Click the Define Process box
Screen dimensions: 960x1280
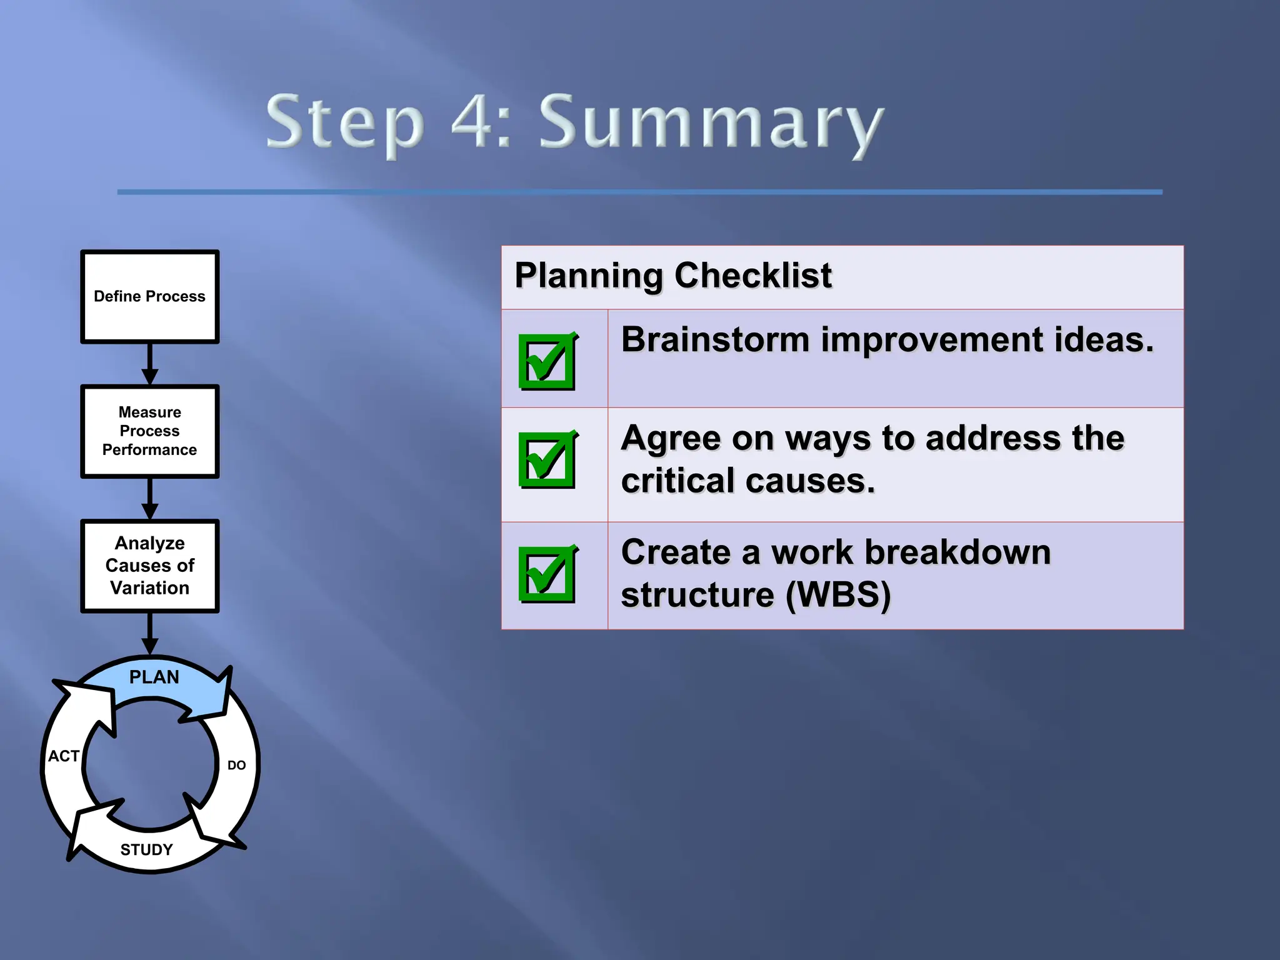click(149, 297)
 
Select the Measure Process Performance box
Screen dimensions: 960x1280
click(149, 431)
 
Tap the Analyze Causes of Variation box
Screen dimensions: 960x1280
click(149, 566)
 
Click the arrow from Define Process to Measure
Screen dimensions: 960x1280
click(149, 364)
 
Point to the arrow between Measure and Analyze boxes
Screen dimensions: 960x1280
click(149, 498)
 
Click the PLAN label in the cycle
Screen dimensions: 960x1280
click(154, 677)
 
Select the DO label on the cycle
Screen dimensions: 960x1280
click(236, 766)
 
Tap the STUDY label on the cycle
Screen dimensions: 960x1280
click(146, 850)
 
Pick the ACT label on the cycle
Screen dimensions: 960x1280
click(64, 756)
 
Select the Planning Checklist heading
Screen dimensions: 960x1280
click(673, 276)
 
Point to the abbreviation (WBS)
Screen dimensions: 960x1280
click(837, 595)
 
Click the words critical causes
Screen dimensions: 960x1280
click(747, 481)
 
